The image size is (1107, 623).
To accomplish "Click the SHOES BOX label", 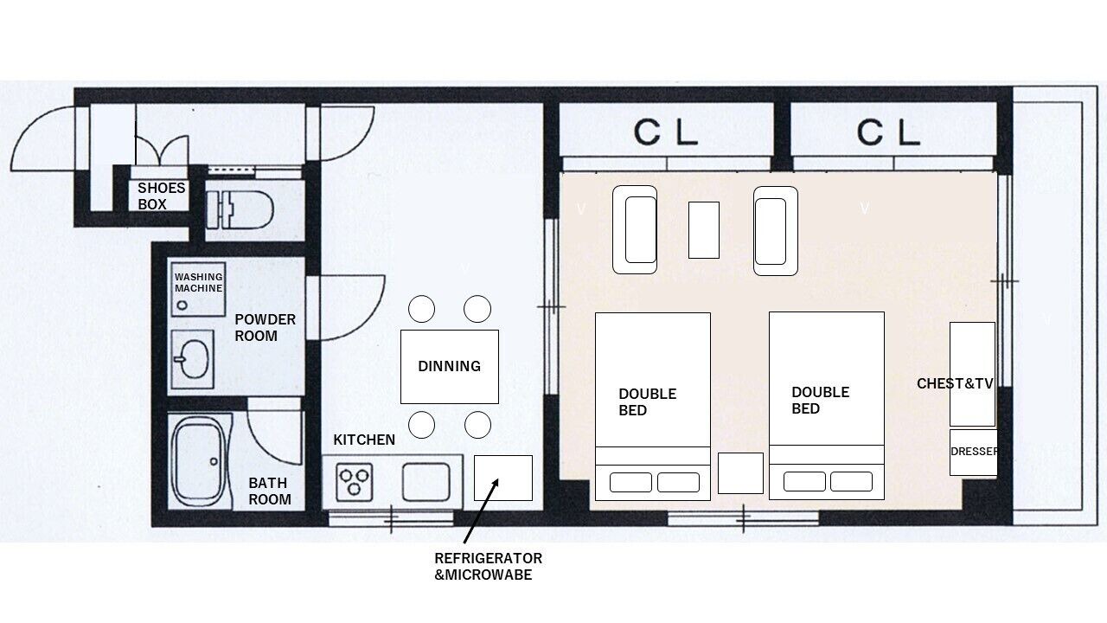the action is pos(161,196).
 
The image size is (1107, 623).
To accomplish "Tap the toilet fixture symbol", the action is pos(240,209).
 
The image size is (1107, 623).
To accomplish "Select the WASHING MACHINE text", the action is pos(199,282).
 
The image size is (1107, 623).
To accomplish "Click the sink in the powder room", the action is pos(193,359).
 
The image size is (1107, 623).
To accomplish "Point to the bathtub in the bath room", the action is pos(200,462).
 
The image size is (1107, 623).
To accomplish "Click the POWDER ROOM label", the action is pos(265,327).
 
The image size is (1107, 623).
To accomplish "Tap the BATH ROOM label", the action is pos(269,491).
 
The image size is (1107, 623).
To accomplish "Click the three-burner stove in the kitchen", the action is pos(354,482).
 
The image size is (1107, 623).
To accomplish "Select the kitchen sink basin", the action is pos(426,482).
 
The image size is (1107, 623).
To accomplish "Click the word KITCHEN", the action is pos(364,440).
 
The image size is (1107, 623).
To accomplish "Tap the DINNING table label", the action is pos(449,366).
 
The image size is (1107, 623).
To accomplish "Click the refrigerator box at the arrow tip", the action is pos(503,478).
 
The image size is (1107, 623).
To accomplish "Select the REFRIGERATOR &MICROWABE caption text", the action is pos(489,567).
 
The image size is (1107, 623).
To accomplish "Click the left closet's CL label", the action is pos(666,132).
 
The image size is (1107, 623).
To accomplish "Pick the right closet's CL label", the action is pos(888,132).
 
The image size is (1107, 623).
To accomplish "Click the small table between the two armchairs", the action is pos(704,230).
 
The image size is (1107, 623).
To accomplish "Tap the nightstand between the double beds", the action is pos(740,473).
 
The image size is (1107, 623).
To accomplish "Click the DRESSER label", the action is pos(974,452).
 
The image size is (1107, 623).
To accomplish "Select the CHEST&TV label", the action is pos(955,383).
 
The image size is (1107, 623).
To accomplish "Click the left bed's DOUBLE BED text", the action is pos(648,402).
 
